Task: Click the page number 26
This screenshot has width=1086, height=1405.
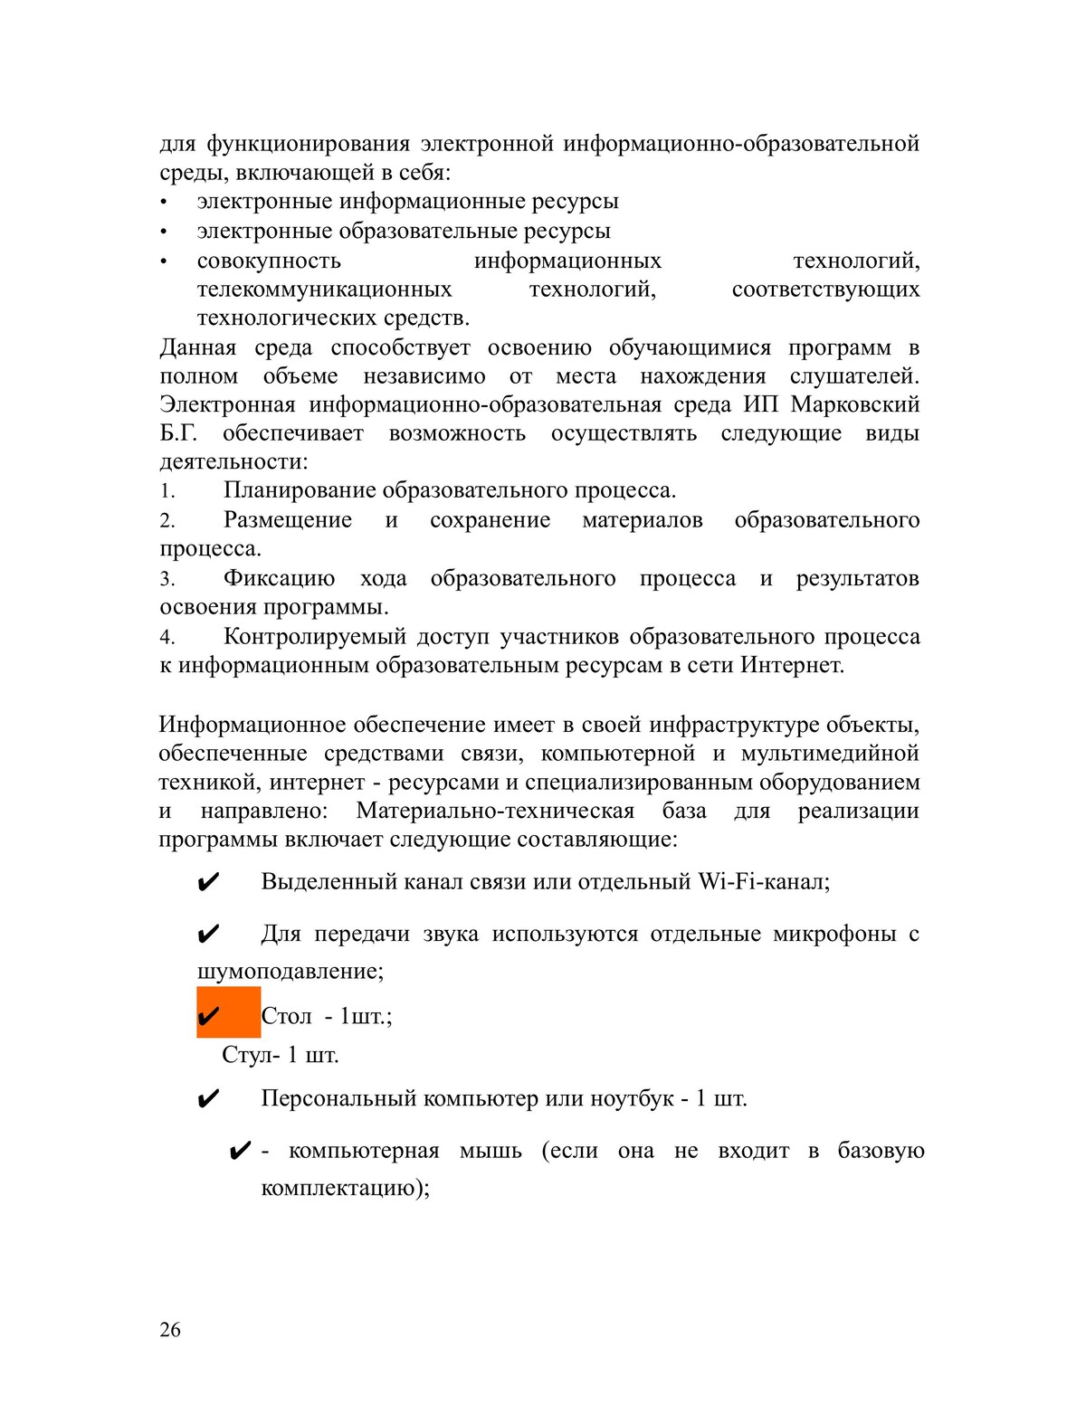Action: click(x=170, y=1329)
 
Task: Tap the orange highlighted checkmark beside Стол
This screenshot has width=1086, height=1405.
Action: click(x=210, y=1015)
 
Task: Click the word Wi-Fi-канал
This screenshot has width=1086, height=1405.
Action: click(x=764, y=881)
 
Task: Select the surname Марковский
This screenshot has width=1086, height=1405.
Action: click(x=855, y=403)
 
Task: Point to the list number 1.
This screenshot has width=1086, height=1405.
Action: click(x=167, y=491)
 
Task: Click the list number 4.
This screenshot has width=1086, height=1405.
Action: click(x=167, y=638)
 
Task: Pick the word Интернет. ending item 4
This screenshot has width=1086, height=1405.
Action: click(x=792, y=665)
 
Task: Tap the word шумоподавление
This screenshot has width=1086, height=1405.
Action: click(x=290, y=972)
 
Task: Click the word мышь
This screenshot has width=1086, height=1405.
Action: click(x=491, y=1151)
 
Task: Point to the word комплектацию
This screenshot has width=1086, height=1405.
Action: click(x=344, y=1188)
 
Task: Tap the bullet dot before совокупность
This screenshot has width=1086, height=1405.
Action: click(x=164, y=261)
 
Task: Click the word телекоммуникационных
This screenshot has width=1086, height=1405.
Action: click(x=324, y=290)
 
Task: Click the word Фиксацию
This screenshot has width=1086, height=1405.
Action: click(x=279, y=578)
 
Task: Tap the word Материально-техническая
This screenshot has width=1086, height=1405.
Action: click(x=495, y=811)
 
